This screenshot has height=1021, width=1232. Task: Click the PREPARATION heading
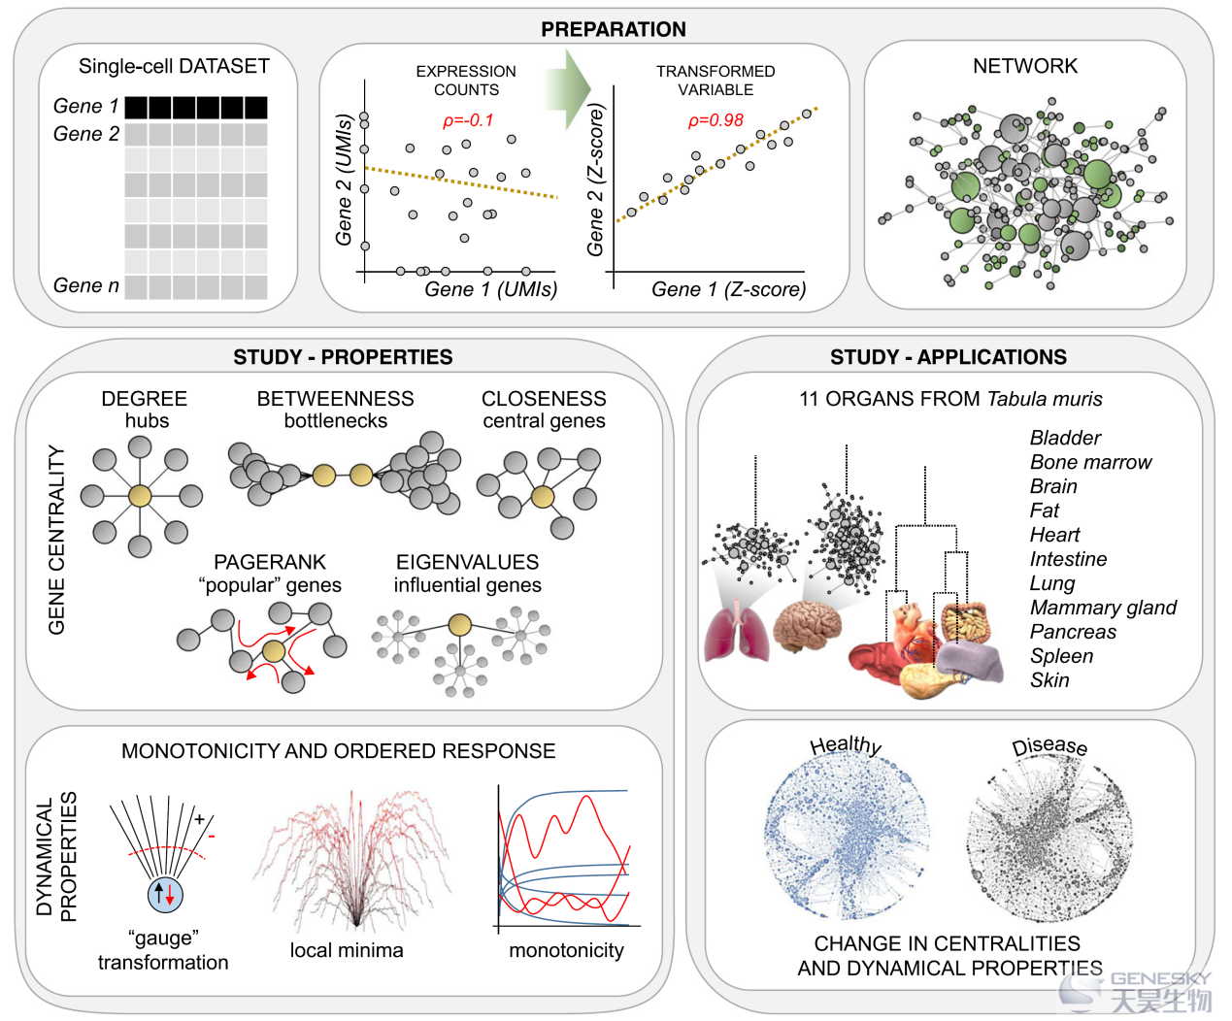[x=613, y=29]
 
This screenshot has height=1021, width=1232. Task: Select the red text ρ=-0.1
[x=468, y=120]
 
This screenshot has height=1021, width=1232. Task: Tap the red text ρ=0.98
[x=716, y=120]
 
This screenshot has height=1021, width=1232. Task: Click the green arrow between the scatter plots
[x=566, y=88]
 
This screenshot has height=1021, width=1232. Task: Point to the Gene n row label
[x=86, y=285]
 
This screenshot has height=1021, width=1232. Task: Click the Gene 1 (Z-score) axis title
[x=729, y=289]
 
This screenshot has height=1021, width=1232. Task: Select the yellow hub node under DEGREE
[x=140, y=496]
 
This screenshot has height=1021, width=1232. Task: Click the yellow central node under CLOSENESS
[x=543, y=497]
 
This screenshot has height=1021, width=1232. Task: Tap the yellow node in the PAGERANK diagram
[x=274, y=652]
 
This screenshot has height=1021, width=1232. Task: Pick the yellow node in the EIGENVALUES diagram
[x=460, y=625]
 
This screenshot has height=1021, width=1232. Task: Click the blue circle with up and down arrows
[x=165, y=896]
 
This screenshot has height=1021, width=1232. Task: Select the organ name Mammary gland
[x=1103, y=608]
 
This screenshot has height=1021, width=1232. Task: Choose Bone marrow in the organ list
[x=1090, y=462]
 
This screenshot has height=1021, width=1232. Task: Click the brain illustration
[x=807, y=626]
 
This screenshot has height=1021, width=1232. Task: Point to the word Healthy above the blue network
[x=846, y=745]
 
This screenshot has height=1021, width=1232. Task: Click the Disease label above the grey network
[x=1049, y=746]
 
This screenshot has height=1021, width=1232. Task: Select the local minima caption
[x=347, y=950]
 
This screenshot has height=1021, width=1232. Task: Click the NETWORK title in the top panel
[x=1025, y=66]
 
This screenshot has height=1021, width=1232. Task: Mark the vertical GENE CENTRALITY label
[x=56, y=540]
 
